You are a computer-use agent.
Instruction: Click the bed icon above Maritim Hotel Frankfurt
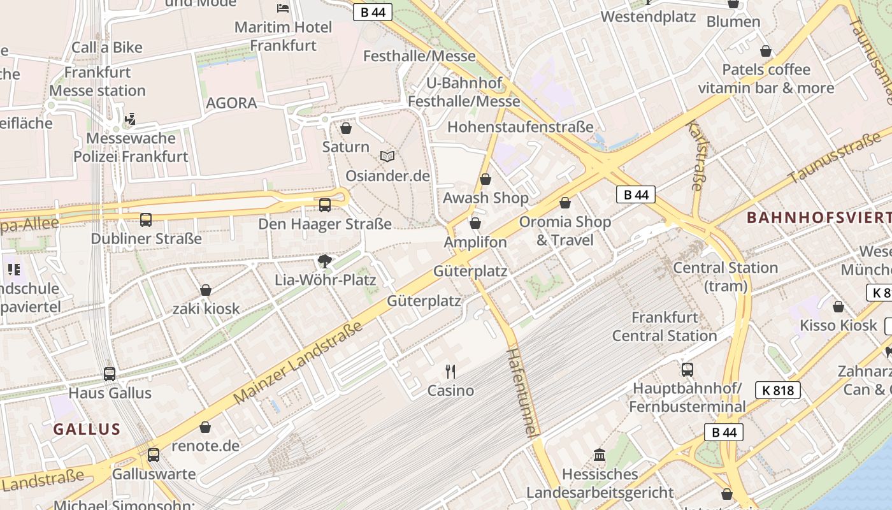point(283,8)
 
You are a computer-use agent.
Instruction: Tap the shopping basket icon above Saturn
point(346,128)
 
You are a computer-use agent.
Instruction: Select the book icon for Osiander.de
point(387,156)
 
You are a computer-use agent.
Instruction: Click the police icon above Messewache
point(131,119)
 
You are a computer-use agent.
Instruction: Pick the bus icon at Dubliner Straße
point(146,220)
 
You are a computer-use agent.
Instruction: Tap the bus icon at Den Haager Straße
point(325,205)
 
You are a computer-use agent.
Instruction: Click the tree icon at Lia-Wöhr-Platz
point(325,261)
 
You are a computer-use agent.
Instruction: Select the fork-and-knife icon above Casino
point(450,371)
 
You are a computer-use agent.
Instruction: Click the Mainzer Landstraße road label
point(298,363)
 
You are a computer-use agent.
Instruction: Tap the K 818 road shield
point(777,390)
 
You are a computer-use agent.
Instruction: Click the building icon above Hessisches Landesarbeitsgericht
point(600,455)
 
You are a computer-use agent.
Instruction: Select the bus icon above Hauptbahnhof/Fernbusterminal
point(687,369)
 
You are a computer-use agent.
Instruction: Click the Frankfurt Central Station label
point(665,326)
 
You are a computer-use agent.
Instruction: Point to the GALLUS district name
point(87,429)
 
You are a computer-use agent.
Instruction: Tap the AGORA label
point(231,103)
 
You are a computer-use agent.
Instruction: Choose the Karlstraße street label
point(697,156)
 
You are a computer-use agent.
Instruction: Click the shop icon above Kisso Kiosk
point(838,307)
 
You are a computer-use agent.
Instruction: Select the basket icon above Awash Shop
point(486,179)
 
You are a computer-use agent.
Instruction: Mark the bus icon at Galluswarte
point(154,455)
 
